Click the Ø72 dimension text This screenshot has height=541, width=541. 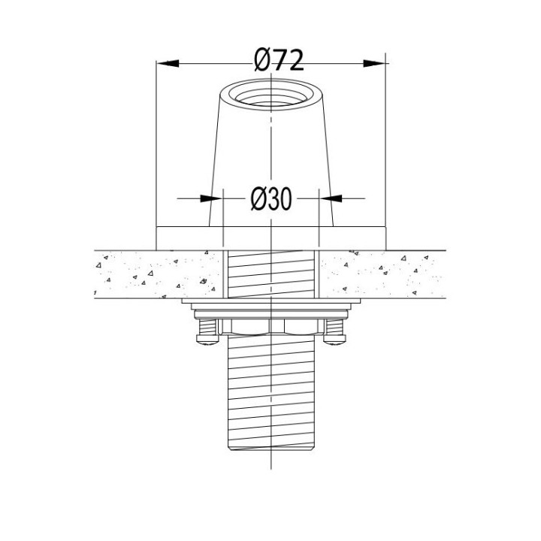point(279,60)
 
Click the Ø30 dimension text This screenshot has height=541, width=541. point(271,199)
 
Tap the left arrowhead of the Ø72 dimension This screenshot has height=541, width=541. point(168,63)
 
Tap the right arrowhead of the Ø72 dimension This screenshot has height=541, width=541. point(374,63)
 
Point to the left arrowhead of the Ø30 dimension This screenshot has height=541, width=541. point(211,198)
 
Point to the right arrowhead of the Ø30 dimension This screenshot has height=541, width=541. point(331,198)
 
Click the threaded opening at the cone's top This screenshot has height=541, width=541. point(272,95)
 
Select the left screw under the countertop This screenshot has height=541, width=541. point(207,331)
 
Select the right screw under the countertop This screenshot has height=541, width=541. point(334,331)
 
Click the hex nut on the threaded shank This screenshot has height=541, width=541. point(271,327)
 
